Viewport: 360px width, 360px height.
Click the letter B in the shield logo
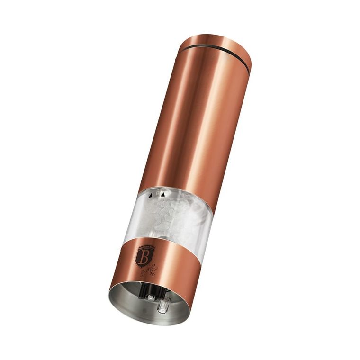tap(143, 258)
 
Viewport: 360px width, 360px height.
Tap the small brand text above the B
tap(144, 248)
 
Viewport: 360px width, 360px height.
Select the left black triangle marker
tap(151, 194)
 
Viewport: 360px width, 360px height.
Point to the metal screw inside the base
tap(151, 297)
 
